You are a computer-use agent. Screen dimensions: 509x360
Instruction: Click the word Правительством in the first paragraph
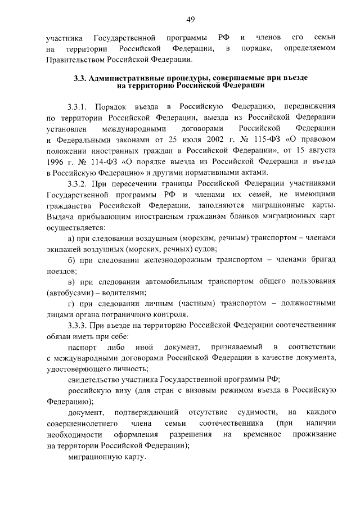click(x=73, y=59)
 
